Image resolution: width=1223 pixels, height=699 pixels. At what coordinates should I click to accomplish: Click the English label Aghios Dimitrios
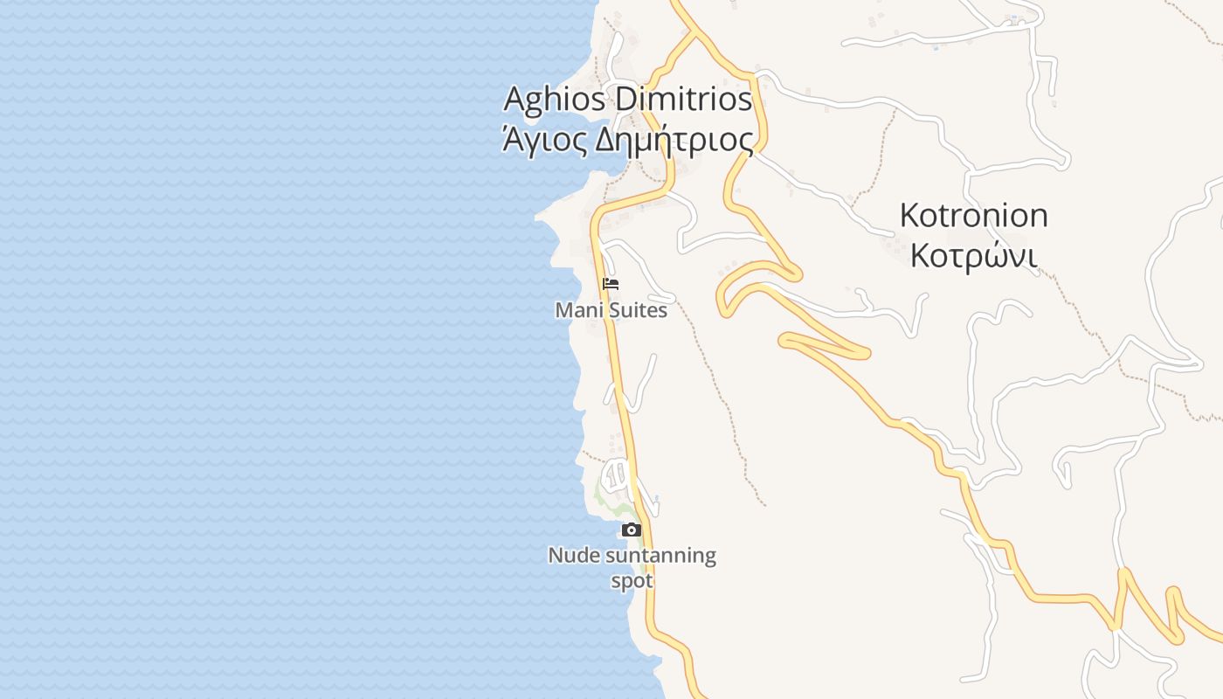(x=627, y=100)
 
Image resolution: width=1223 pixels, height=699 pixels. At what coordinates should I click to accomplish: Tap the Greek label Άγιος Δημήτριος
(x=627, y=140)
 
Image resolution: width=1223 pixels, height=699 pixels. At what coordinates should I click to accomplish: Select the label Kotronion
(x=973, y=215)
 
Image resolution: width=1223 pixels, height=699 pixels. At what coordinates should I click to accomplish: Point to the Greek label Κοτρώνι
(x=973, y=256)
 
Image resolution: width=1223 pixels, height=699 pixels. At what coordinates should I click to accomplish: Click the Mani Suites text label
(x=611, y=310)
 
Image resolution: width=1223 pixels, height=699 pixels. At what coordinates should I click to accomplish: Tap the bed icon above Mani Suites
(x=611, y=284)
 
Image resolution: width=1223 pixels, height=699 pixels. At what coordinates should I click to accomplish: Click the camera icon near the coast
(x=631, y=529)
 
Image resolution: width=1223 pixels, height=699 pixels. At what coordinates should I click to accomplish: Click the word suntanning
(x=654, y=556)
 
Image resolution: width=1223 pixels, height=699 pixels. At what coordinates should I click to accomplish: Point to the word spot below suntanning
(x=632, y=581)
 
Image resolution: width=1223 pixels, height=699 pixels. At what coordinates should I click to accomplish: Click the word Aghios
(x=554, y=100)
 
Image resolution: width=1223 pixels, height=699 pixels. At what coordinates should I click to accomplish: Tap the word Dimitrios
(x=683, y=100)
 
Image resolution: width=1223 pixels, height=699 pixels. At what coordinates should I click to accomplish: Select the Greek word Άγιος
(x=542, y=140)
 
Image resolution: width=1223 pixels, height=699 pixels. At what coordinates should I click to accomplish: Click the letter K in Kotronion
(x=909, y=215)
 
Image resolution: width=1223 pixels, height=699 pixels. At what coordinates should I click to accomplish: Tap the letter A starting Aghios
(x=515, y=99)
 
